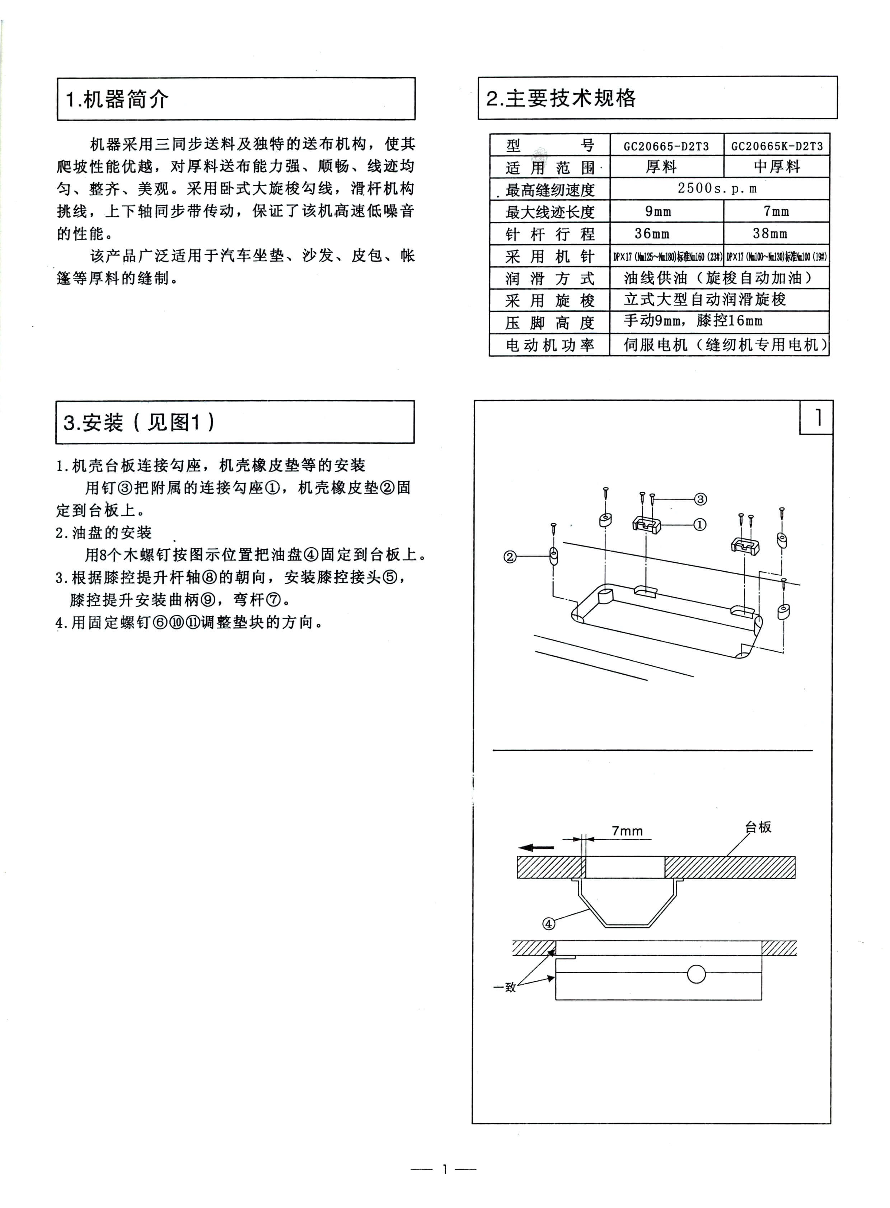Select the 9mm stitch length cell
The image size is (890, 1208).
(x=658, y=211)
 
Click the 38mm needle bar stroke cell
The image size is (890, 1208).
(x=770, y=234)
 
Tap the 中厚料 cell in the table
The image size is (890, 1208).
(x=776, y=167)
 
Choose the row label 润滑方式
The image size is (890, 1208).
(x=549, y=278)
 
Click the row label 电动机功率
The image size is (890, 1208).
(x=549, y=345)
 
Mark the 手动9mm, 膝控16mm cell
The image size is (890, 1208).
(x=693, y=321)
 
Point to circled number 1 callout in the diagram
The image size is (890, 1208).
(x=699, y=524)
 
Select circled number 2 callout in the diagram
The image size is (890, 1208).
(x=510, y=557)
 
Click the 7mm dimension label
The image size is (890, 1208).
(x=627, y=831)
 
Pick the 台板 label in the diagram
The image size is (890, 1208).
(x=758, y=827)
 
